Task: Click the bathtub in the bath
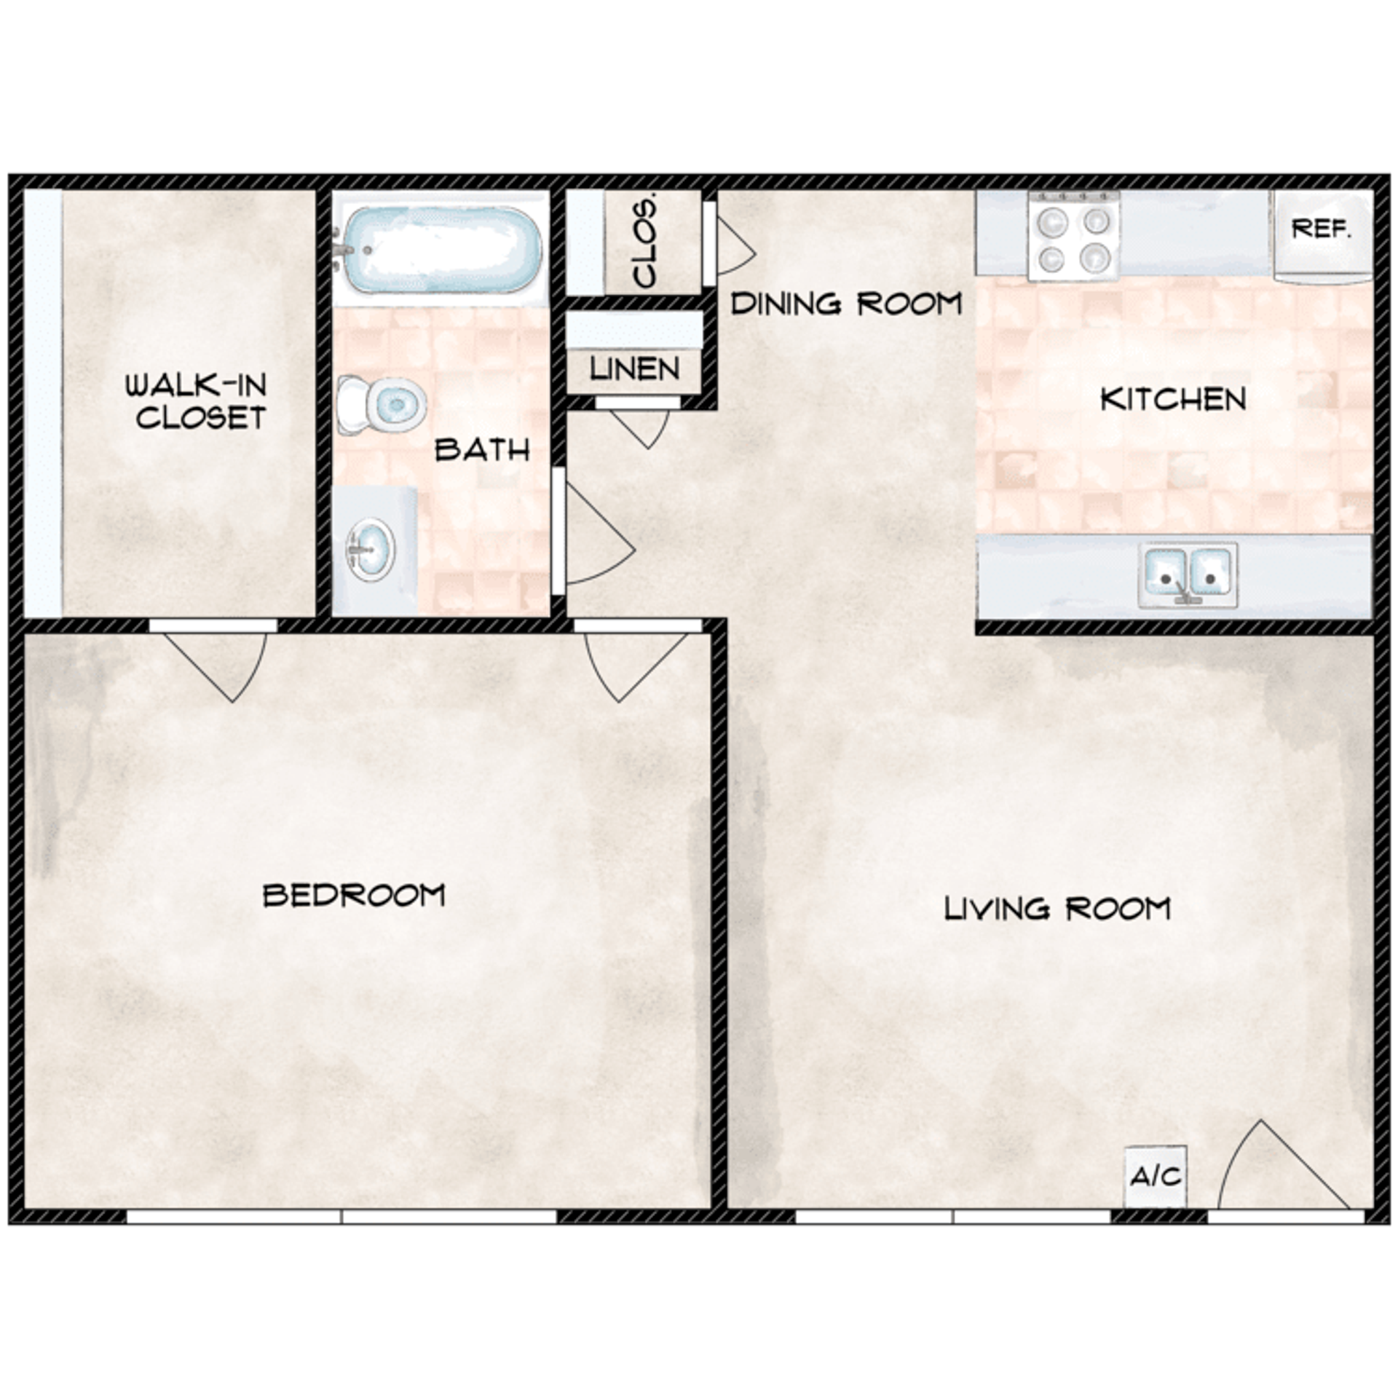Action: (441, 249)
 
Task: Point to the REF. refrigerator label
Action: (1321, 229)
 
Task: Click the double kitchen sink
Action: (1188, 574)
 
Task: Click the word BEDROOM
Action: (354, 895)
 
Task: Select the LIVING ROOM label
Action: (1057, 909)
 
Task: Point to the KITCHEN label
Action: (1173, 399)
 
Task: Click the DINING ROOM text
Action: (846, 304)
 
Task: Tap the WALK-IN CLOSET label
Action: (197, 401)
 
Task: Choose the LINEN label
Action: (635, 369)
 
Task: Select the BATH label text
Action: (482, 450)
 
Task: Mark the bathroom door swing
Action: (593, 537)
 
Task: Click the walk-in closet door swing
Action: (218, 663)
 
